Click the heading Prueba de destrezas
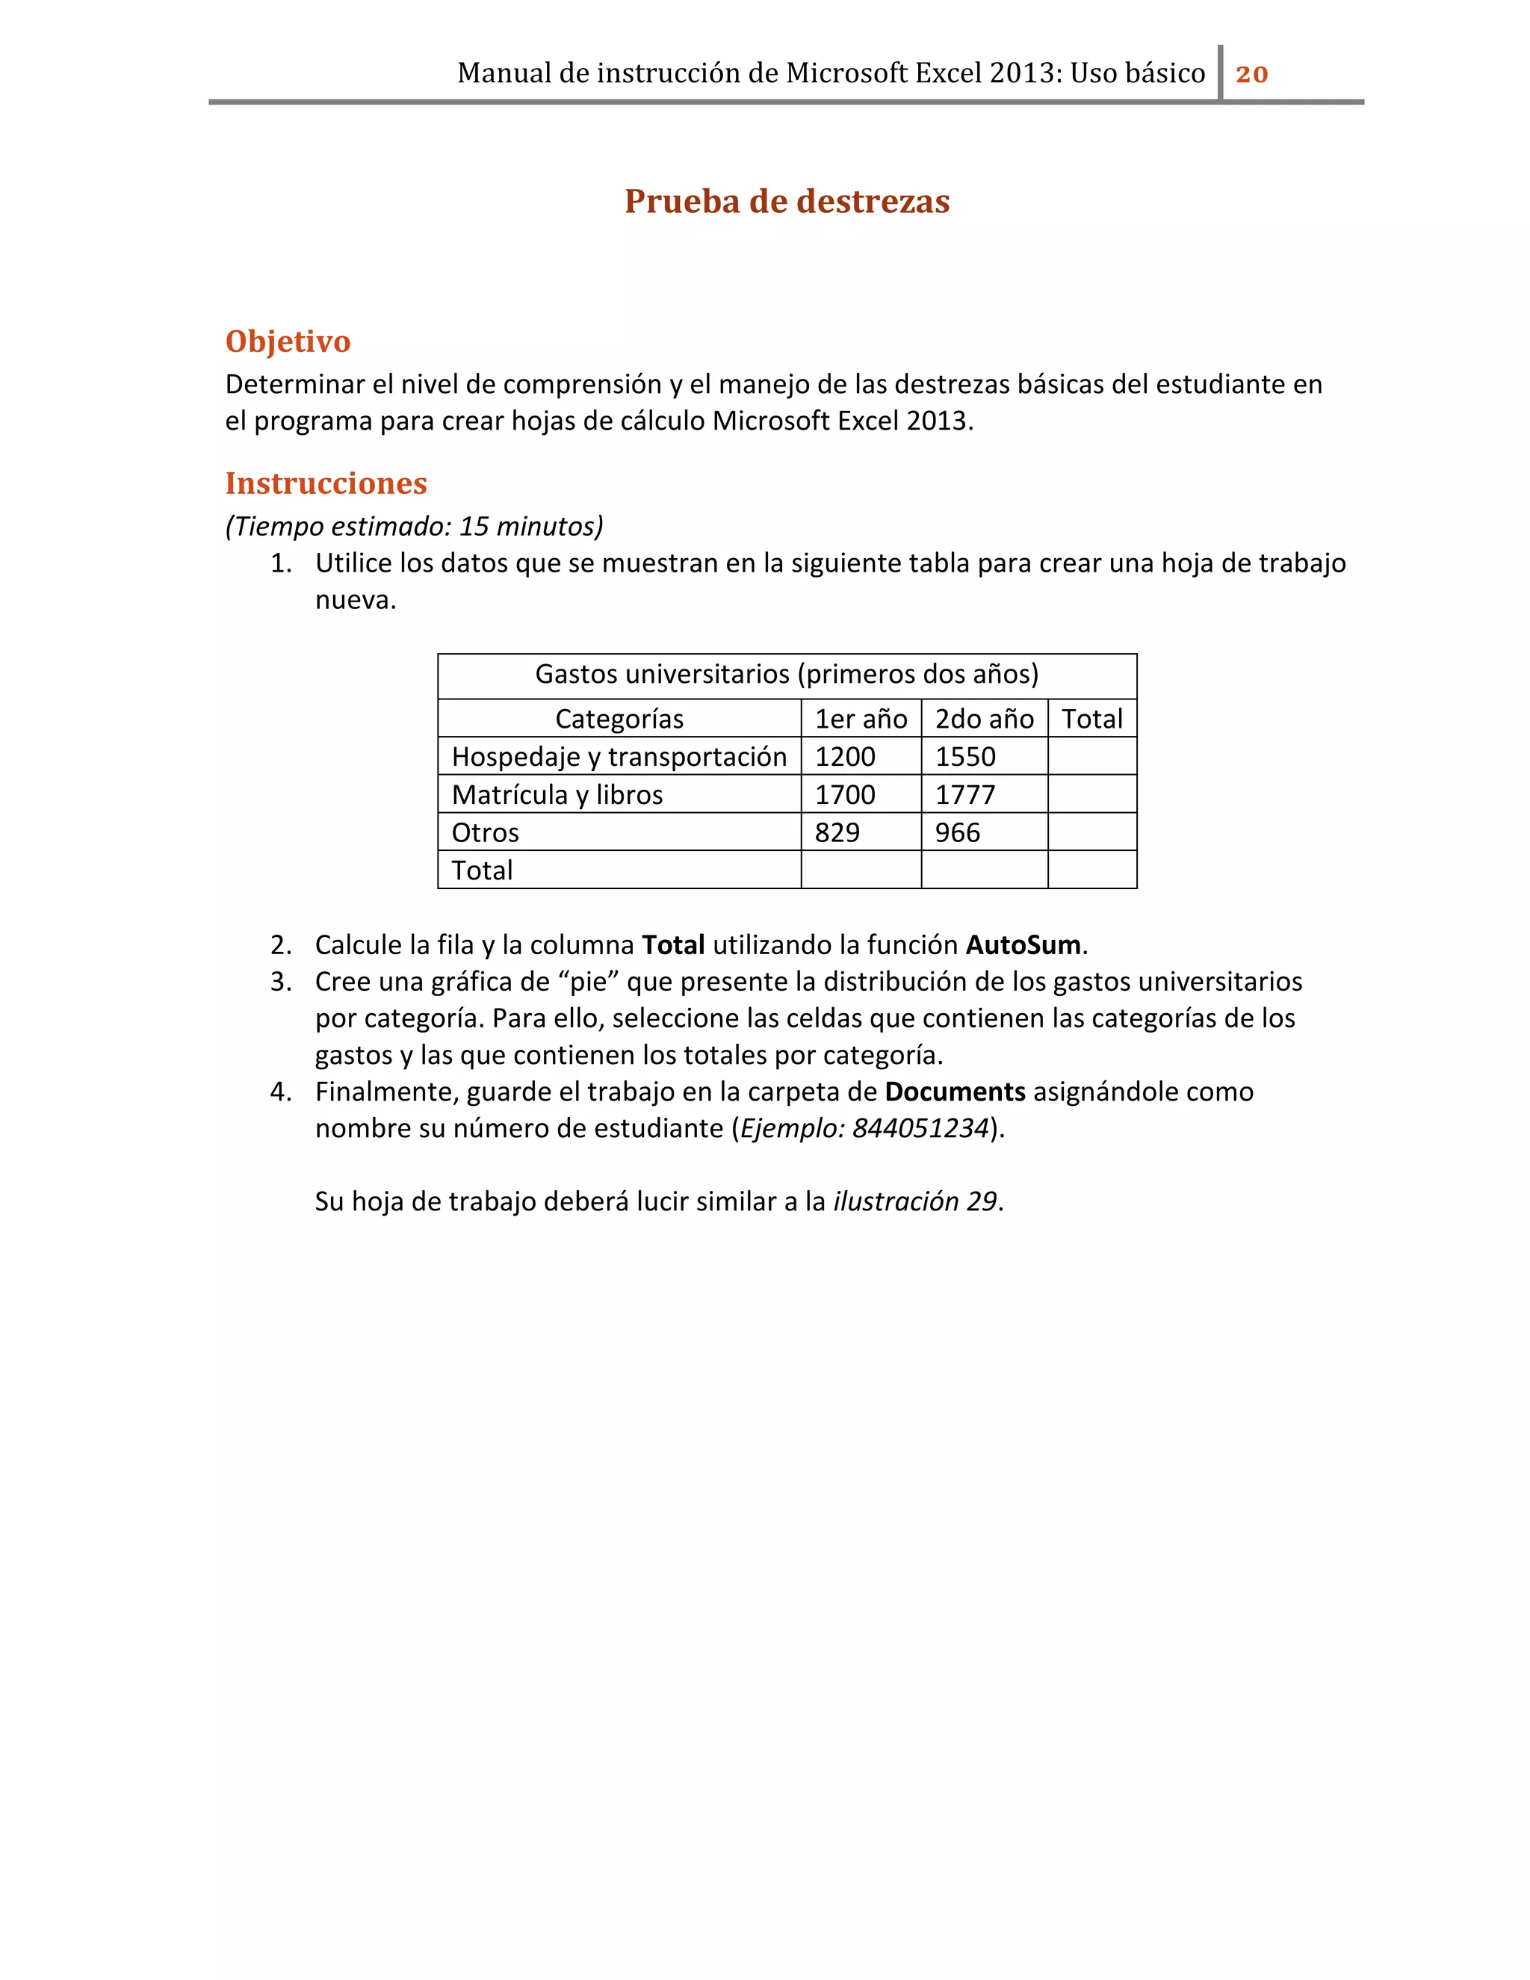click(x=787, y=201)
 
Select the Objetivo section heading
click(x=288, y=341)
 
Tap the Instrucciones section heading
click(x=326, y=483)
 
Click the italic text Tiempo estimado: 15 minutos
click(x=414, y=526)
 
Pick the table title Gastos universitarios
click(x=786, y=674)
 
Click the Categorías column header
click(x=619, y=719)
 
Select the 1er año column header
click(x=860, y=719)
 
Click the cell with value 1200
click(x=845, y=757)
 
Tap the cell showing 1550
click(x=965, y=757)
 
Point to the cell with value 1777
click(x=965, y=795)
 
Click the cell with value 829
click(x=837, y=832)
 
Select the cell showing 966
click(x=957, y=832)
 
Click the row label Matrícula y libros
click(x=557, y=795)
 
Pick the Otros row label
click(x=485, y=832)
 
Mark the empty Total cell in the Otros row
click(x=1091, y=832)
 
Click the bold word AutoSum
click(x=1023, y=944)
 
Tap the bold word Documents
click(x=955, y=1092)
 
